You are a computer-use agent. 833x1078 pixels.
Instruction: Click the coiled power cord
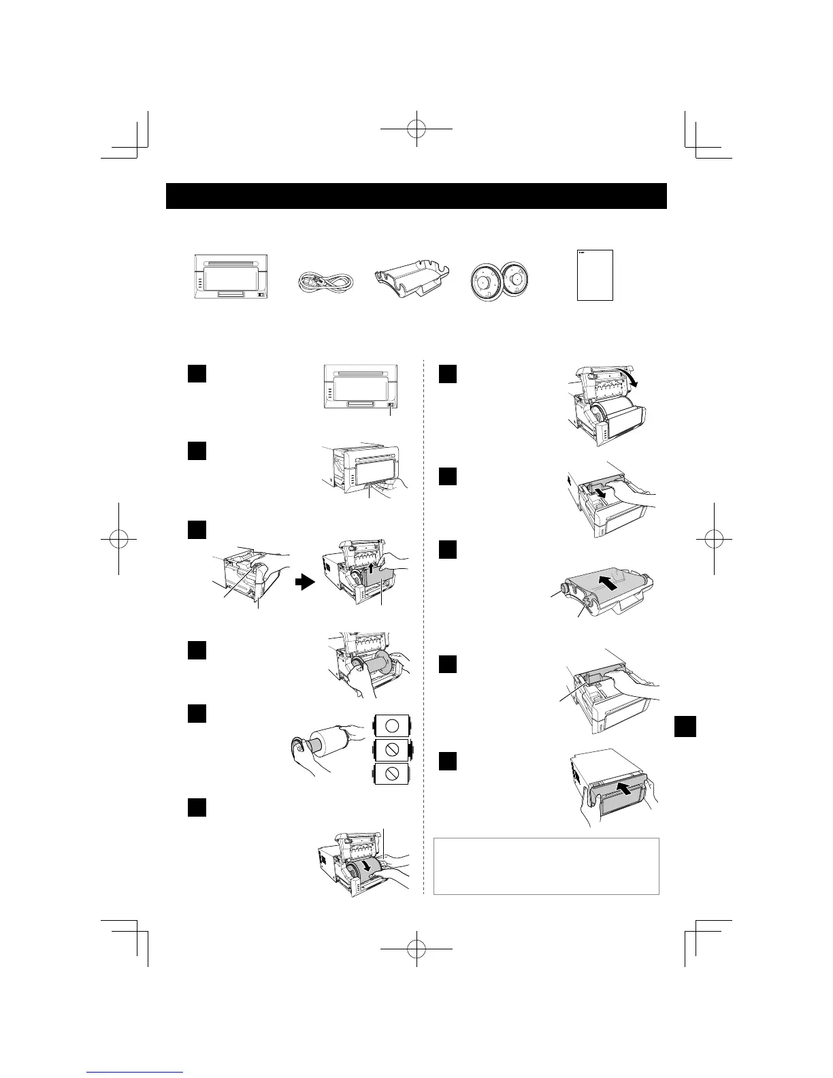point(323,282)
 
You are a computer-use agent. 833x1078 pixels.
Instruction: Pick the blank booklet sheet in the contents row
point(595,275)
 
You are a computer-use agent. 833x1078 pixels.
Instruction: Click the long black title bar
point(416,196)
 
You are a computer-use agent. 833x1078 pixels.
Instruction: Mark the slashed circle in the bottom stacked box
point(391,775)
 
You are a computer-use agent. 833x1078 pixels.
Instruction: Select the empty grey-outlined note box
point(546,866)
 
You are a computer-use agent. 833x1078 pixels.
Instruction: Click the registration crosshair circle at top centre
point(416,127)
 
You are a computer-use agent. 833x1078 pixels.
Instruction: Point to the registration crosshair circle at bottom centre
point(416,948)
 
